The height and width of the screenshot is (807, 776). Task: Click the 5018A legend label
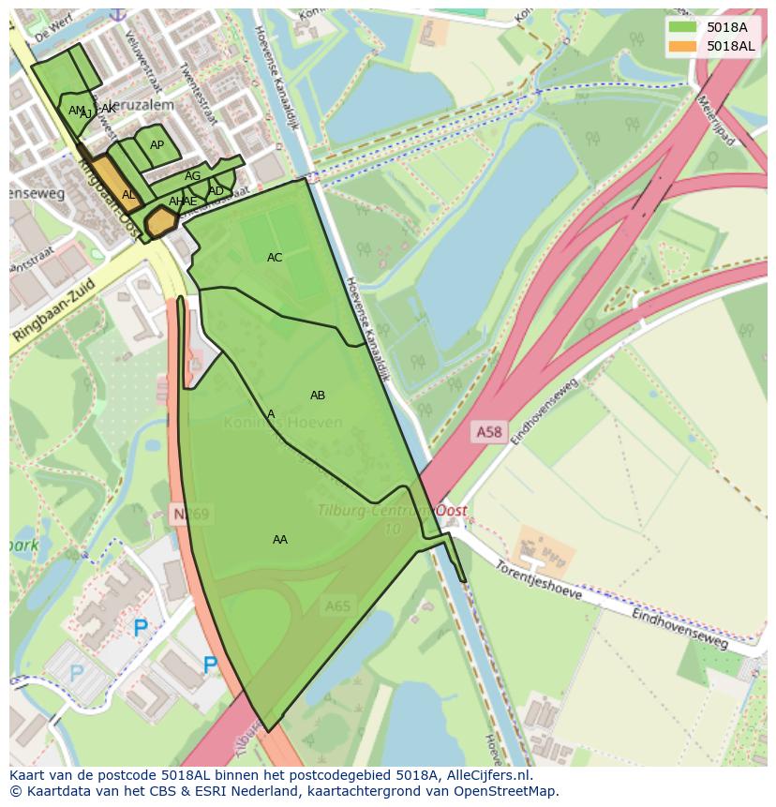tap(726, 27)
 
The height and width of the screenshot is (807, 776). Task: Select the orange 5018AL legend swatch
tap(683, 46)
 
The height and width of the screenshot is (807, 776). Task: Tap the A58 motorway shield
tap(488, 431)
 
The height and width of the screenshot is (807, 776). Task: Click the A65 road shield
tap(337, 606)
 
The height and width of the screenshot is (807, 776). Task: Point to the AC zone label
tap(275, 258)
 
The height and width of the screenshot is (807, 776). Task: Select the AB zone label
tap(318, 396)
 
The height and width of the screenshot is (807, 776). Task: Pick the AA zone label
tap(280, 540)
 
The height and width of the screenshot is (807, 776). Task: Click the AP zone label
tap(157, 145)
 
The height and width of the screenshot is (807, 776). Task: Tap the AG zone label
tap(192, 176)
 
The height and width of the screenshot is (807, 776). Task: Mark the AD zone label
tap(216, 191)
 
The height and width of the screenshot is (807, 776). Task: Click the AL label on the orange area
tap(128, 195)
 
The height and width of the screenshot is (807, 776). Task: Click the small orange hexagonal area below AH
tap(162, 222)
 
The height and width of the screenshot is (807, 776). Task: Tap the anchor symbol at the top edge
tap(117, 13)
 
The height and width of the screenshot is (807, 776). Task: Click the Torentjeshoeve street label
tap(539, 580)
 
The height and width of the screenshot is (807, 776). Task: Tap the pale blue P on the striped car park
tap(77, 672)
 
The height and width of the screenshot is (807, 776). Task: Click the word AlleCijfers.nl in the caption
tap(486, 776)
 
